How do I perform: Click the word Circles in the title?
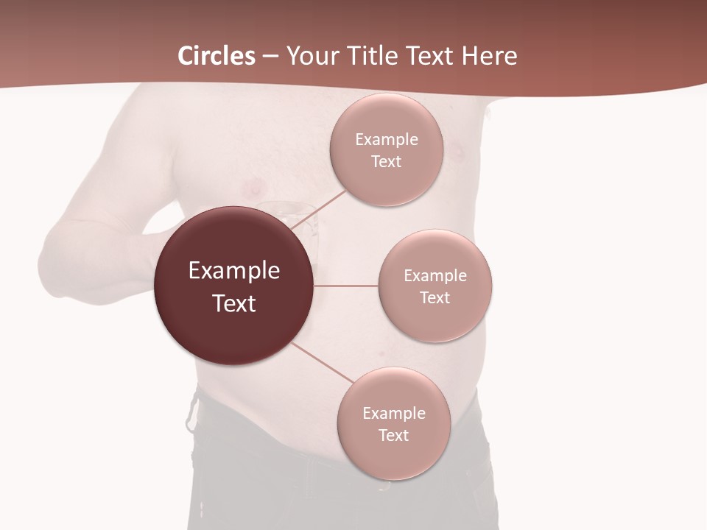point(216,56)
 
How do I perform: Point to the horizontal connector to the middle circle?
point(346,286)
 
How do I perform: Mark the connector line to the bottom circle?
point(317,363)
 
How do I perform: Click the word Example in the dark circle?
point(234,271)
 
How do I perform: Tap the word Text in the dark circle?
point(234,303)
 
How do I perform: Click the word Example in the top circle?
point(386,139)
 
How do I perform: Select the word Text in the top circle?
point(386,161)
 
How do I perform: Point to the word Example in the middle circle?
point(435,275)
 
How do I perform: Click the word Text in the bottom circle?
point(394,435)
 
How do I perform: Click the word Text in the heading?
point(429,56)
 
